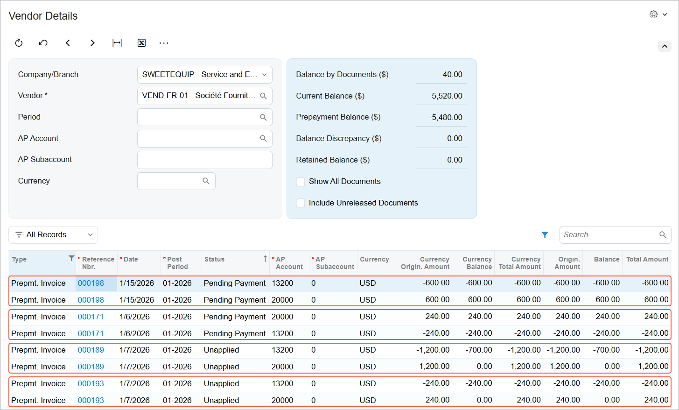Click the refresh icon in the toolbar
click(x=19, y=43)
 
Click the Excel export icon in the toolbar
click(x=141, y=43)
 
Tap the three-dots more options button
click(x=164, y=43)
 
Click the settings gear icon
click(x=653, y=14)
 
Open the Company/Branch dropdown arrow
click(x=264, y=75)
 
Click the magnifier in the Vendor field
click(x=263, y=96)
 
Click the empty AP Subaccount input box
click(x=204, y=160)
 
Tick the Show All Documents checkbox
click(x=301, y=182)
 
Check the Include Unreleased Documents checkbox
click(x=301, y=203)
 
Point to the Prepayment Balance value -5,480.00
click(x=446, y=117)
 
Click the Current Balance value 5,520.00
click(x=447, y=96)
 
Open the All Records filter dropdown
click(x=53, y=235)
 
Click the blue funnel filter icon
click(x=545, y=235)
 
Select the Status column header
click(x=214, y=259)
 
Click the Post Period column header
click(x=178, y=263)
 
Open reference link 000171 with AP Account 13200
click(x=91, y=333)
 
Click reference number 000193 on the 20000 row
click(x=91, y=400)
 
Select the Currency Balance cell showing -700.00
click(x=479, y=350)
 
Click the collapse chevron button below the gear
click(x=665, y=46)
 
